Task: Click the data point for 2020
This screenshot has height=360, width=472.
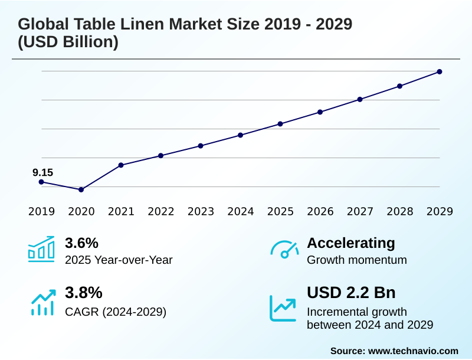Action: click(81, 189)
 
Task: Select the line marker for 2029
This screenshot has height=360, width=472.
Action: click(440, 72)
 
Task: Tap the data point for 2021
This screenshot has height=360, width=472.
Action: click(121, 165)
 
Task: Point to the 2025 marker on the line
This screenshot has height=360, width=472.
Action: click(280, 124)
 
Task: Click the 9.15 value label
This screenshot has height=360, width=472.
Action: click(42, 172)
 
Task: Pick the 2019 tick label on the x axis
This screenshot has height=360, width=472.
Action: click(41, 211)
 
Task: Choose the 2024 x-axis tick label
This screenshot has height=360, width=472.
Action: click(241, 211)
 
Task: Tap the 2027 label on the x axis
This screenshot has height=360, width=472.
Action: click(360, 211)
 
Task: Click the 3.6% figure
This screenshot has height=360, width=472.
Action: click(81, 243)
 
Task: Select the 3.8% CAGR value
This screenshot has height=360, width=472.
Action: click(83, 293)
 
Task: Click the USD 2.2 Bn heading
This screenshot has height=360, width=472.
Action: click(351, 293)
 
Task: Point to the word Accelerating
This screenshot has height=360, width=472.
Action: click(351, 243)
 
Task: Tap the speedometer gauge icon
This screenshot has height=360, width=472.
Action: click(284, 249)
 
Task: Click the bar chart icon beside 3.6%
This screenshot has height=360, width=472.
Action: click(41, 249)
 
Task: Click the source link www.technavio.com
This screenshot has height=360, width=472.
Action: click(413, 351)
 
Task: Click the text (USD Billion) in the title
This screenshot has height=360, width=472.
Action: click(68, 42)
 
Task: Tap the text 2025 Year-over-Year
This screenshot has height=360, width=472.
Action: click(119, 260)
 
